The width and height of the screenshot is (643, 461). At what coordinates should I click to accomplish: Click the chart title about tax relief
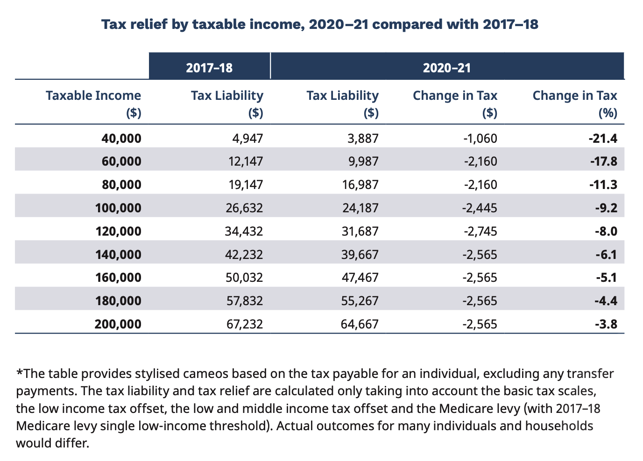click(x=320, y=24)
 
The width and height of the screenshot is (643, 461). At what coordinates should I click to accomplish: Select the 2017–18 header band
click(x=209, y=68)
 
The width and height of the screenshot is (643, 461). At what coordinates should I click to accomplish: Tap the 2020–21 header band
click(x=447, y=68)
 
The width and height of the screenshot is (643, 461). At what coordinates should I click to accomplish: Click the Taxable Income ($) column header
click(x=93, y=104)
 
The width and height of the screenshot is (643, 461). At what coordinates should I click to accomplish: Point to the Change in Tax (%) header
click(x=575, y=104)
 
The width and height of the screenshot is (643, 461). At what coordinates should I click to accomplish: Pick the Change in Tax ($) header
click(x=455, y=104)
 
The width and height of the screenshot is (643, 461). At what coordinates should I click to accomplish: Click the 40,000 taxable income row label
click(x=121, y=138)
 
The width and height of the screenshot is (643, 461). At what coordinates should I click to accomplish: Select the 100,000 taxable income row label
click(x=118, y=208)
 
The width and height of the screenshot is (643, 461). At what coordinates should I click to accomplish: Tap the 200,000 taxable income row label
click(x=118, y=324)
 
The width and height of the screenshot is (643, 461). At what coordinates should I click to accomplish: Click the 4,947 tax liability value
click(x=247, y=138)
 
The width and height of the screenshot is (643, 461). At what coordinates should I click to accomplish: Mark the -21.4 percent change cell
click(x=603, y=138)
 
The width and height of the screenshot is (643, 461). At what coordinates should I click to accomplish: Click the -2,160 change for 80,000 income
click(x=480, y=185)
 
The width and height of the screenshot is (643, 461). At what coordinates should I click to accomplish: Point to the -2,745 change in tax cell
click(x=480, y=231)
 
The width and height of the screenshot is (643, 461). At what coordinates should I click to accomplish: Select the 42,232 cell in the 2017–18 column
click(x=244, y=254)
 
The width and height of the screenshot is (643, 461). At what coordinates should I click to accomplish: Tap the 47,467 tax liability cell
click(x=360, y=278)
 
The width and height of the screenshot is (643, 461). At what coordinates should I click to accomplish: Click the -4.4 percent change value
click(x=606, y=301)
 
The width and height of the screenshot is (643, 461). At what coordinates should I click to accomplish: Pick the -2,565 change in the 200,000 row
click(x=480, y=324)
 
